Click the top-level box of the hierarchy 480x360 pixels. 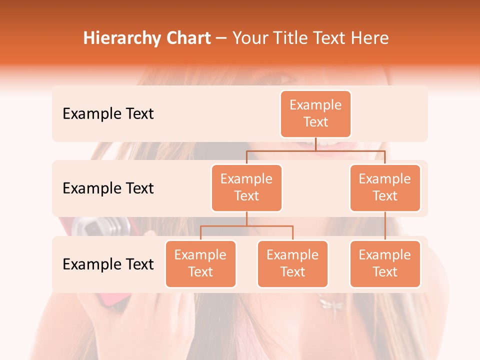coord(315,114)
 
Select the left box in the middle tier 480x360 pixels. coord(246,188)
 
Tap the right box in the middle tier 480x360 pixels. coord(385,188)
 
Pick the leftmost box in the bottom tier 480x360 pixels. coord(200,264)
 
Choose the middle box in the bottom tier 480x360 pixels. coord(292,264)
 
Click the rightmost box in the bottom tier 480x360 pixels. coord(385,264)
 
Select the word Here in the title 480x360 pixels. coord(371,38)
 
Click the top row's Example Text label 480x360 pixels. coord(108,114)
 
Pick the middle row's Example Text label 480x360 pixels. coord(108,188)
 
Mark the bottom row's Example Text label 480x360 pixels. coord(108,264)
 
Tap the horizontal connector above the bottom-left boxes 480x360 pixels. coord(246,226)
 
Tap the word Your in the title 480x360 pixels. coord(249,38)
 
